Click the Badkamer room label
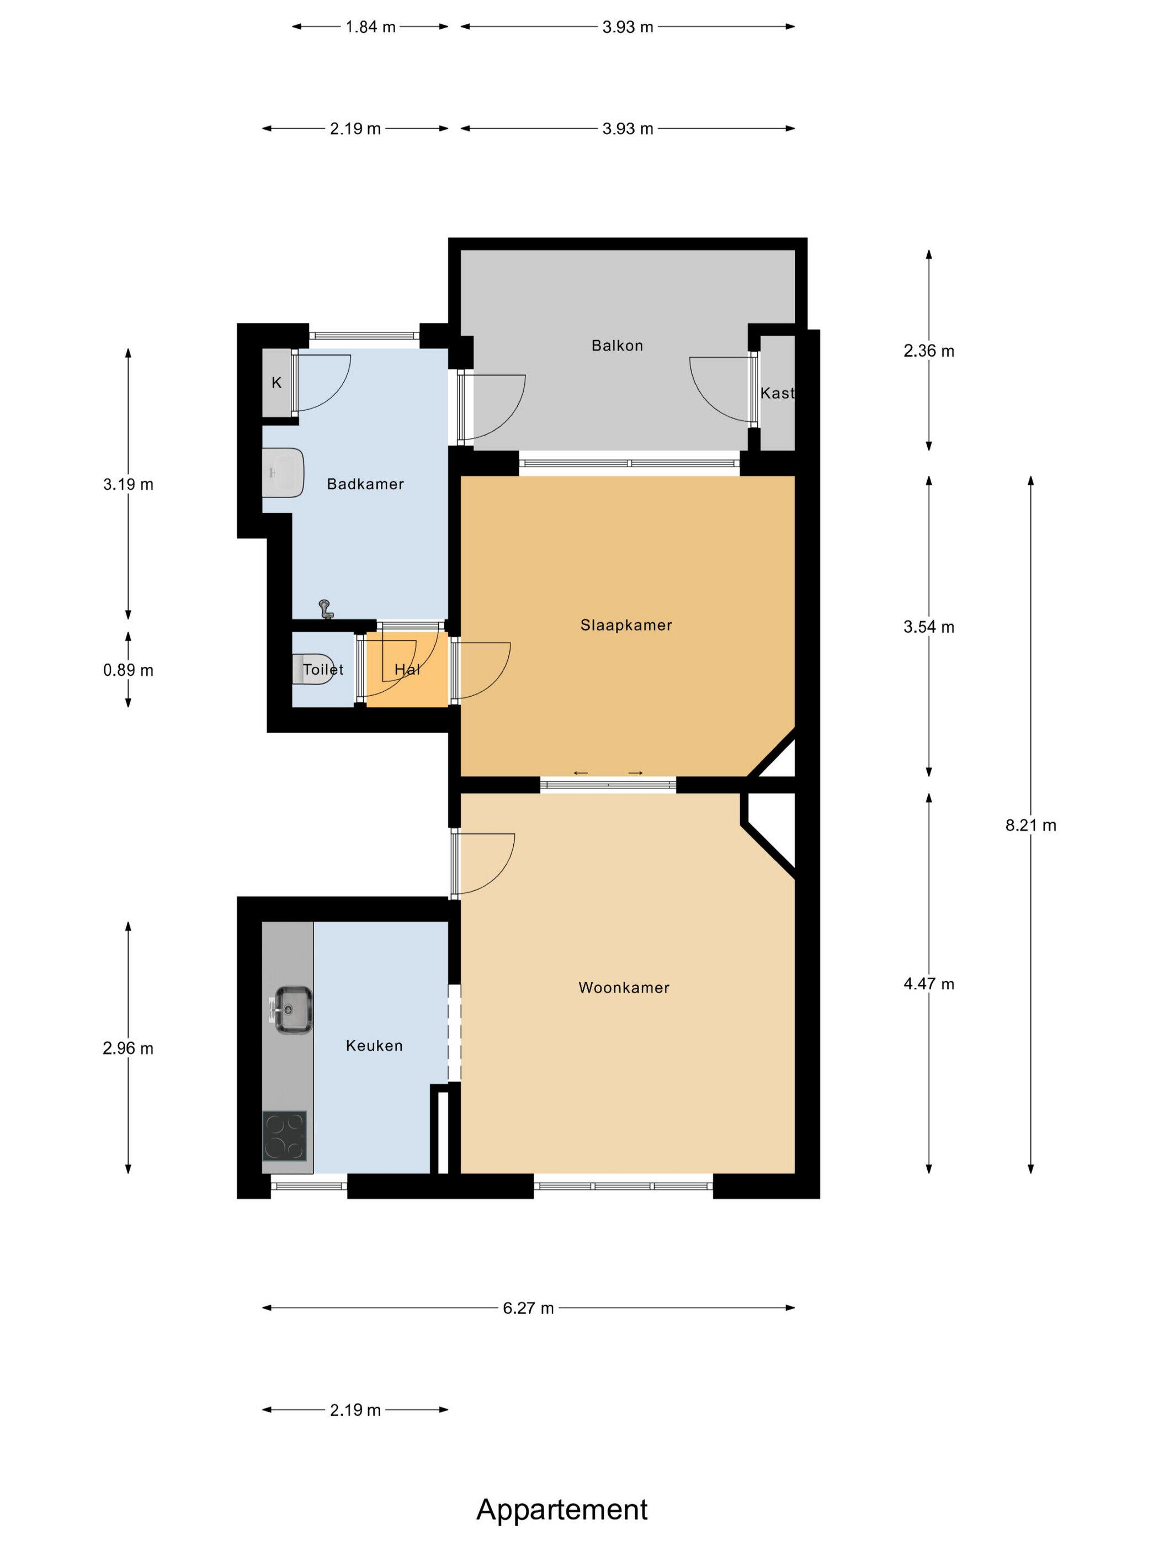point(365,484)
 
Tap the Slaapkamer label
point(626,625)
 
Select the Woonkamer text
point(624,988)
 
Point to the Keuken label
point(374,1046)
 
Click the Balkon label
point(617,345)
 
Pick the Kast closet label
point(777,393)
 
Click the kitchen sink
point(293,1010)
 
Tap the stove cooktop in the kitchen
point(284,1136)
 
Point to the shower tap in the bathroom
point(326,610)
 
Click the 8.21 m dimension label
point(1030,825)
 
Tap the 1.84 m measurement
point(370,27)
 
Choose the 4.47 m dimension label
point(928,984)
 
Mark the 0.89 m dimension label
point(128,670)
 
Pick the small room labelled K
point(277,383)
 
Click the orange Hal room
point(407,669)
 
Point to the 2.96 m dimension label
point(128,1049)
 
